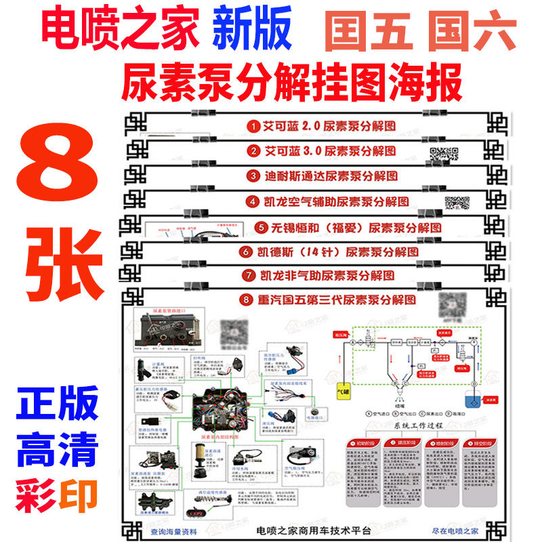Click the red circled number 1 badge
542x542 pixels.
(253, 126)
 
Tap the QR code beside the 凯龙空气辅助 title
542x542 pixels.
(457, 202)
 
